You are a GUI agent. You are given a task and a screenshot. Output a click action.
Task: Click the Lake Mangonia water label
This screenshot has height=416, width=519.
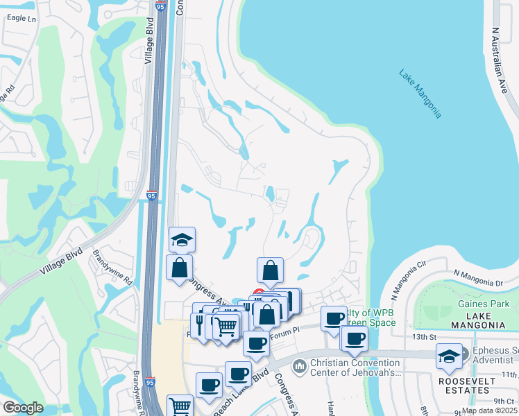(420, 94)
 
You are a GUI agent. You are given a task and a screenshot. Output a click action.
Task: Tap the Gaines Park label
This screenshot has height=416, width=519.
(484, 304)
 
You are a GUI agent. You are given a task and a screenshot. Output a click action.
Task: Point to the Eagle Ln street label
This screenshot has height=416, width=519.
(20, 19)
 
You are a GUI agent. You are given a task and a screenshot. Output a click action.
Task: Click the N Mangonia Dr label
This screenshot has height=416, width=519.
(478, 278)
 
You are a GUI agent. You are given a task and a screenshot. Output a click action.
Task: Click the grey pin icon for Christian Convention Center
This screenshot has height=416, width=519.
(300, 365)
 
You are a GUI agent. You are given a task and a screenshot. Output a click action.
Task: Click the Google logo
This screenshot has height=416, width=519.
(23, 408)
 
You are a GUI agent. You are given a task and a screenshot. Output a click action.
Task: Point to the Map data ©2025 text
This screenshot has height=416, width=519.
(488, 410)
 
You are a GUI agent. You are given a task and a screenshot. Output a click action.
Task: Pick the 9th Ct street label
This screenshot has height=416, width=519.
(504, 401)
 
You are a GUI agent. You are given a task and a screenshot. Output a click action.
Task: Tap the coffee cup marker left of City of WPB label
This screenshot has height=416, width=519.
(334, 318)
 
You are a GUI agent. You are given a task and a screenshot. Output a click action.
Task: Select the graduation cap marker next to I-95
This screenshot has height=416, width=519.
(182, 239)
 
